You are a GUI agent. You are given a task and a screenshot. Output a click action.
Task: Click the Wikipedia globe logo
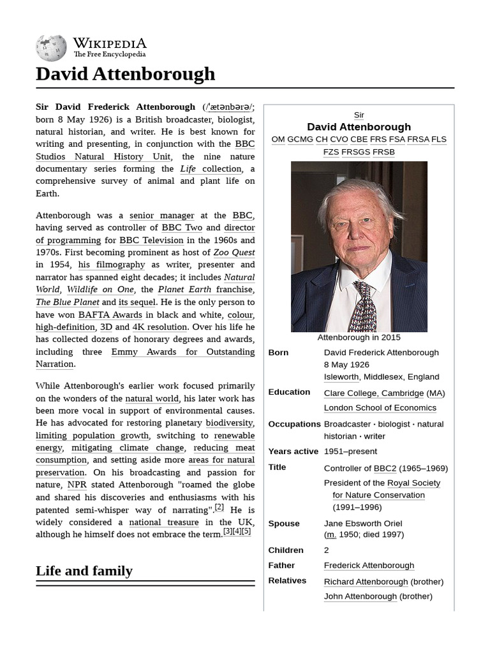[51, 47]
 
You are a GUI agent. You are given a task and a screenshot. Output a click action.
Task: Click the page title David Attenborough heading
[126, 74]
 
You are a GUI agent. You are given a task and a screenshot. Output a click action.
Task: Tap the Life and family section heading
[84, 571]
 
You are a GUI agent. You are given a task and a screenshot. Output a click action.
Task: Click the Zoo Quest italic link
[234, 253]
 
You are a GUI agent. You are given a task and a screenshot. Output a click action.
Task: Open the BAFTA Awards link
[111, 314]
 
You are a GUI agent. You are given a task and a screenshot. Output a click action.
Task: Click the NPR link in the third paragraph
[77, 485]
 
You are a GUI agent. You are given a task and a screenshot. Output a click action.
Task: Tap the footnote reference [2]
[219, 508]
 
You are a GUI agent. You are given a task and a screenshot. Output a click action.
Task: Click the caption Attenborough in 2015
[359, 337]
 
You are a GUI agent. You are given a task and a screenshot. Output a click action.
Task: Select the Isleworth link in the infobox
[341, 377]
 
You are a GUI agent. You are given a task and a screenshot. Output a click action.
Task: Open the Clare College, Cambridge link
[374, 393]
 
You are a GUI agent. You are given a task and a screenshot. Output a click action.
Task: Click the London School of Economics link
[380, 408]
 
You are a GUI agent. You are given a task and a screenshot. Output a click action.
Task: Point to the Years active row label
[293, 451]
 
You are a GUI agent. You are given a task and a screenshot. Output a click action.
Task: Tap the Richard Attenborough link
[366, 582]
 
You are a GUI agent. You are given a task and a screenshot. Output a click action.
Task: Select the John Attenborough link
[360, 596]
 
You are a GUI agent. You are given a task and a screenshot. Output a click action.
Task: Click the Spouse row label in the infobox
[284, 524]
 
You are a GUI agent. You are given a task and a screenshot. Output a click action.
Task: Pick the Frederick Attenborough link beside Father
[369, 566]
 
